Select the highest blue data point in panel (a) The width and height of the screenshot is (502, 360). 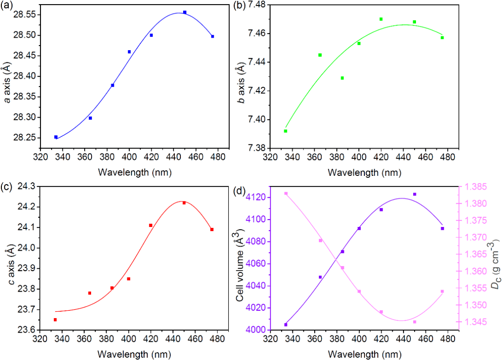tap(185, 13)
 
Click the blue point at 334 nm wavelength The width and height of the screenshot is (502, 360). tap(56, 137)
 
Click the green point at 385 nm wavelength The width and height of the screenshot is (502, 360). tap(343, 78)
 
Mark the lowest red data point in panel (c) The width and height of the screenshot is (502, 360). tap(55, 320)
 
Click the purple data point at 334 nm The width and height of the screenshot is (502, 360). tap(285, 325)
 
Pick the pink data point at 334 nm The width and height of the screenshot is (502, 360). tap(286, 193)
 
